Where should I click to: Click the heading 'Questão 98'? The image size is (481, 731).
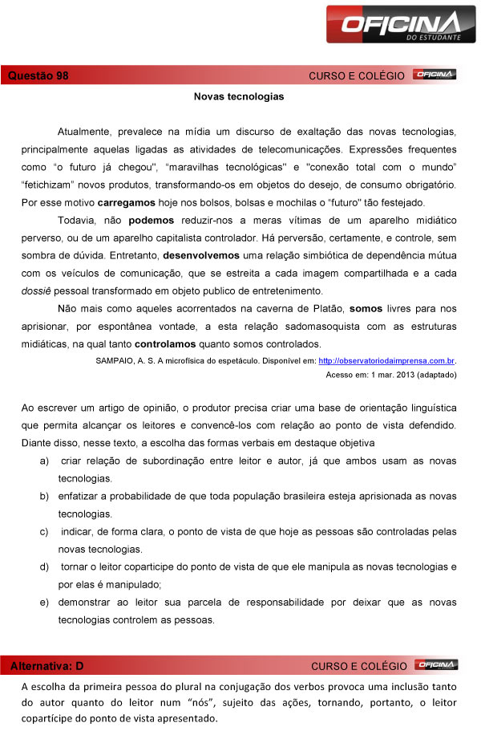38,75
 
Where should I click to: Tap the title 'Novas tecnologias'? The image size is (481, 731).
239,96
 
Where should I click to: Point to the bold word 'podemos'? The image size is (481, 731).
151,220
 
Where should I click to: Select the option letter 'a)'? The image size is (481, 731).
44,461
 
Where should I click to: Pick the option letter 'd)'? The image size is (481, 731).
44,567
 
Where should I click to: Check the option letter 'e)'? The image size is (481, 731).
44,602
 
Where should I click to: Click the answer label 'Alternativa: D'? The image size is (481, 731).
46,666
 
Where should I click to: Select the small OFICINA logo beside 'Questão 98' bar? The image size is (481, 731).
435,75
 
